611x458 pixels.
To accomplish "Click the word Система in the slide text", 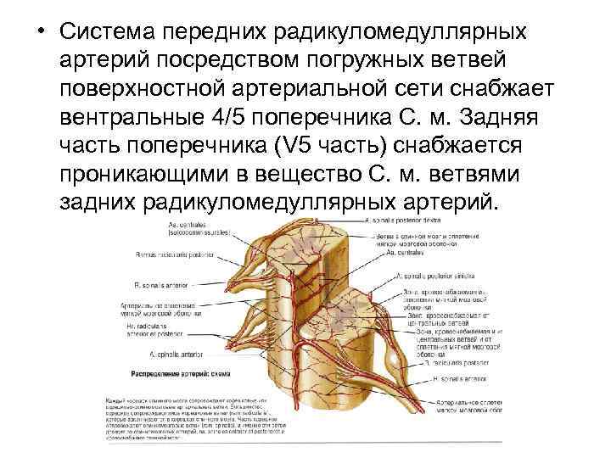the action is coord(109,31).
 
